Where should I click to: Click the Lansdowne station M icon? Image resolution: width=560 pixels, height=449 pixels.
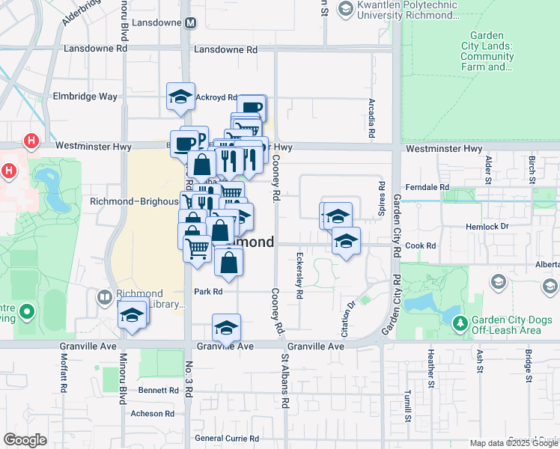[190, 22]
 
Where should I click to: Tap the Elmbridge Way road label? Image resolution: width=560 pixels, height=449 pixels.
[85, 97]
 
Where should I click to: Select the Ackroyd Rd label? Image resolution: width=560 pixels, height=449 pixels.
[216, 97]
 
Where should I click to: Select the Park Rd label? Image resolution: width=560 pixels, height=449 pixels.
[208, 292]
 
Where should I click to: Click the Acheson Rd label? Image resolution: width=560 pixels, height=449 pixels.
[152, 413]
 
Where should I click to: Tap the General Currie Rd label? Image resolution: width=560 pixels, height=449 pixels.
[226, 439]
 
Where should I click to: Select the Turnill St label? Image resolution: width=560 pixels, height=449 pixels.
[408, 404]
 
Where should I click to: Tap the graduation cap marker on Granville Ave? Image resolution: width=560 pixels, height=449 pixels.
[226, 328]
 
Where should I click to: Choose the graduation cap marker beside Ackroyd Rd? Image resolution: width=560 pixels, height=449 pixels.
[180, 97]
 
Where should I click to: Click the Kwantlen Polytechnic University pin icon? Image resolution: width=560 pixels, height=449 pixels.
[345, 9]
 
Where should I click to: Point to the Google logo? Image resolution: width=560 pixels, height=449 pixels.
[25, 440]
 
